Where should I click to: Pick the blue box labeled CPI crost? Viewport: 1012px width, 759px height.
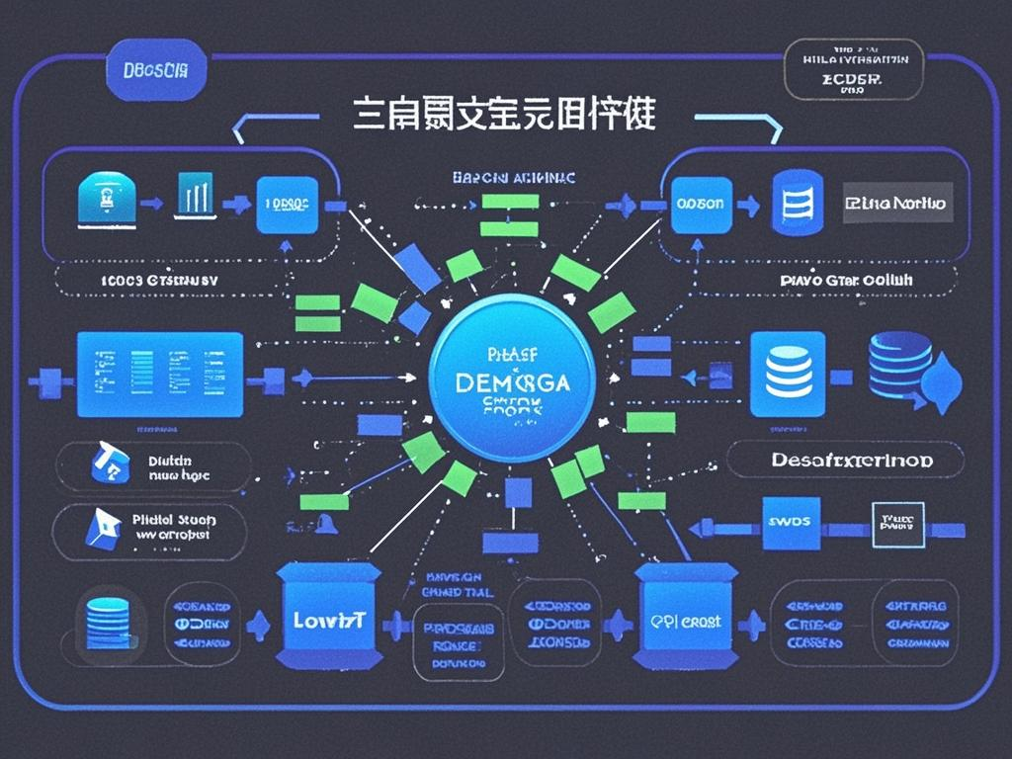coord(685,622)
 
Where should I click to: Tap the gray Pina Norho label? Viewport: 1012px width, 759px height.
coord(897,203)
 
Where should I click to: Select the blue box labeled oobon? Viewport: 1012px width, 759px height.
coord(701,204)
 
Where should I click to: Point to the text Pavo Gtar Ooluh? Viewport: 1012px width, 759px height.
coord(845,280)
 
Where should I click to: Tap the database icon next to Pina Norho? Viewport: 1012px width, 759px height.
coord(797,202)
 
